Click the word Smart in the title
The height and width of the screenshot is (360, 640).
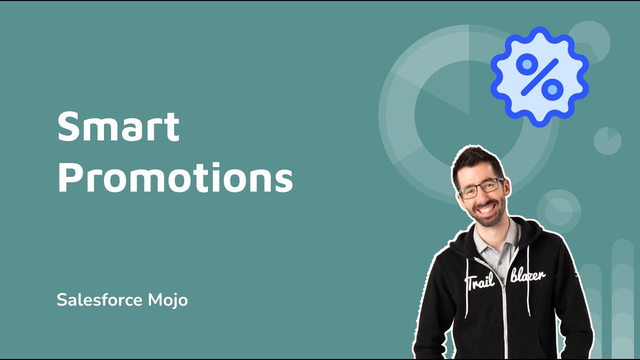click(118, 127)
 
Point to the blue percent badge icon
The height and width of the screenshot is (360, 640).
click(539, 76)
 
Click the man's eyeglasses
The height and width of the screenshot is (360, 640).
click(480, 188)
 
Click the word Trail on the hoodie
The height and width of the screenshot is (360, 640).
click(480, 281)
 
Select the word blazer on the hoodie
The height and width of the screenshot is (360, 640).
click(528, 275)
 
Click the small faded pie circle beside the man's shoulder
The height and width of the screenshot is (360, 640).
click(558, 210)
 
